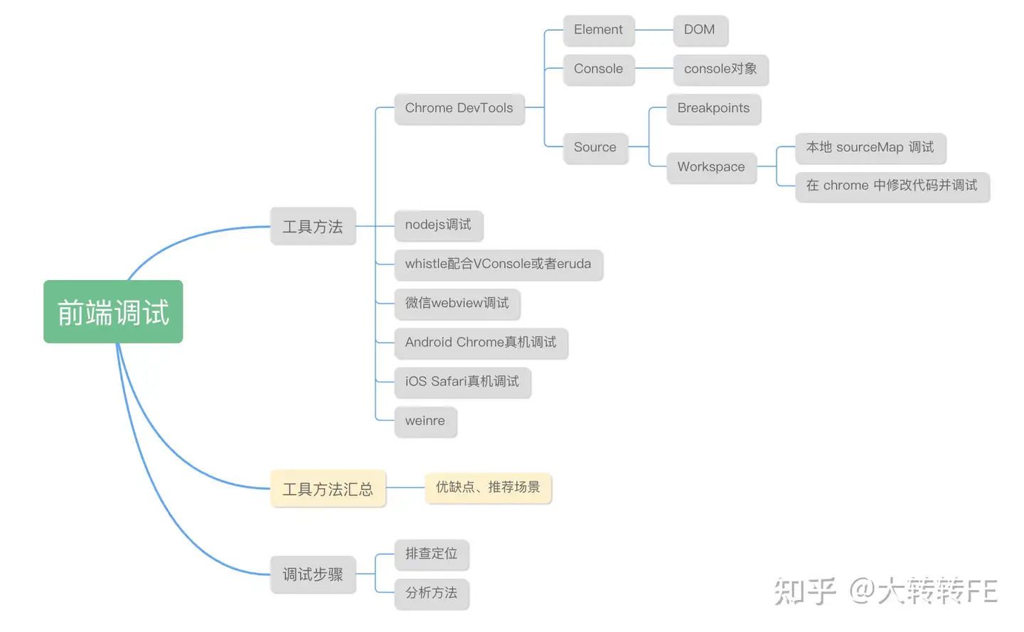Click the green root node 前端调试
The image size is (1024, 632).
[113, 312]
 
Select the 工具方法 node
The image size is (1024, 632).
[313, 226]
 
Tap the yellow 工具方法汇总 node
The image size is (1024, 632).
[328, 489]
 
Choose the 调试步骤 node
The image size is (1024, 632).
[313, 574]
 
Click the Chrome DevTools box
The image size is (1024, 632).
[459, 108]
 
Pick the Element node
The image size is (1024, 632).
[598, 30]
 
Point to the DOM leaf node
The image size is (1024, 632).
[700, 30]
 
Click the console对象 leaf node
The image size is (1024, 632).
[720, 69]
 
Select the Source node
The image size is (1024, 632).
[595, 147]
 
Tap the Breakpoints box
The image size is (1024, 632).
[713, 108]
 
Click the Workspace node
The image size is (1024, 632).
[711, 167]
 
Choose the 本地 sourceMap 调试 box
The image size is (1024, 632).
[870, 147]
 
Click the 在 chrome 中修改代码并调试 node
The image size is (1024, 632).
[892, 186]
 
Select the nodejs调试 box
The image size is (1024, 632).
[438, 225]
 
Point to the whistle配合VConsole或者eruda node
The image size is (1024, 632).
[498, 264]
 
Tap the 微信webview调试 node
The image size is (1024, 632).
[457, 303]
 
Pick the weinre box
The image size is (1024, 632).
[425, 421]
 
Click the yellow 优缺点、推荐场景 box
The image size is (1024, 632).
[488, 488]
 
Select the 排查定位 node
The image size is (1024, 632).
[432, 554]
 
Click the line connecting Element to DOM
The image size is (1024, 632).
[654, 30]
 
